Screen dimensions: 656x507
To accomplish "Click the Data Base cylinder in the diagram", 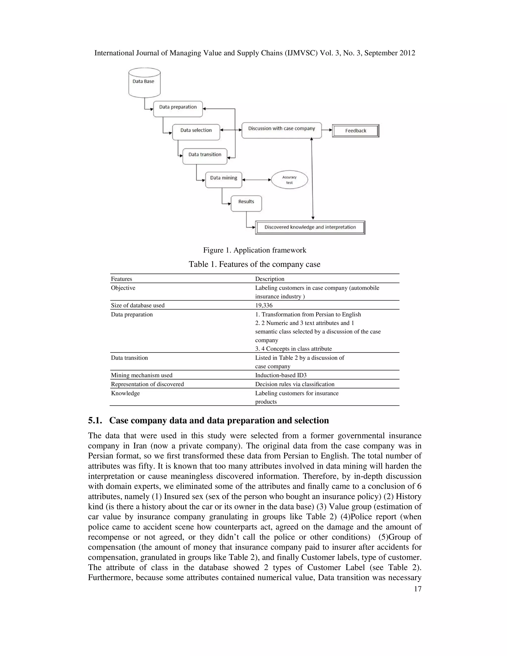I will (x=145, y=83).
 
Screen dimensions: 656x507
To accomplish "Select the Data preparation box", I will (x=178, y=109).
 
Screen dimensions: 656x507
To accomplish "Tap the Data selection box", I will (x=196, y=132).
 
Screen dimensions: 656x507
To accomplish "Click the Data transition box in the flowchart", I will (x=205, y=156).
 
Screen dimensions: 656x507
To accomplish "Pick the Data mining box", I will (x=224, y=180).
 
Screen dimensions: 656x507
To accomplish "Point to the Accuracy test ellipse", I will (x=289, y=180).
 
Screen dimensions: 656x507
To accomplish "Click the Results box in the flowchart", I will (x=246, y=203).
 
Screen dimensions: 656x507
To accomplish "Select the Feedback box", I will (x=356, y=131).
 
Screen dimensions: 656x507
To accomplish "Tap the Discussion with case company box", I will (x=281, y=130).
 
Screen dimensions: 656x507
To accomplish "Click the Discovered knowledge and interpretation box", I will (x=310, y=227).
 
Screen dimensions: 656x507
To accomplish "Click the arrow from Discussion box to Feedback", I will (x=327, y=130).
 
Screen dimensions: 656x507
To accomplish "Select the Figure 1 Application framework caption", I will (x=255, y=250).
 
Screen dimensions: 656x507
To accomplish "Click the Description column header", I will (x=269, y=279).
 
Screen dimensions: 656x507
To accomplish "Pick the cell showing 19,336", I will (x=264, y=305).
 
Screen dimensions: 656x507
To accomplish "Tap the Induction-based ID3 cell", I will (x=280, y=375).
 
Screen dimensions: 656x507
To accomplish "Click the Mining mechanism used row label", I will (x=141, y=375).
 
